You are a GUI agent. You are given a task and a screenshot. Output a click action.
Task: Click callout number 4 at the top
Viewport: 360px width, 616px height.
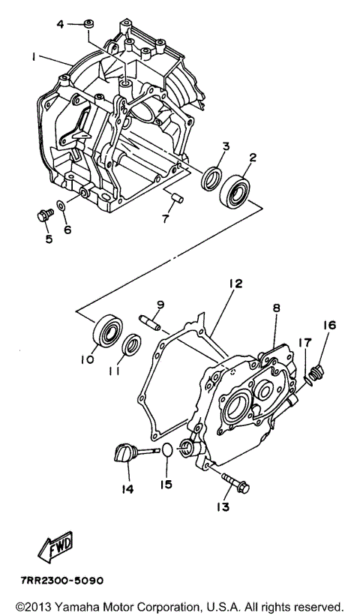pos(61,24)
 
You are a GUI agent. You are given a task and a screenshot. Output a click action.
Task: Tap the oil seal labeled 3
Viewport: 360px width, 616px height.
pos(213,180)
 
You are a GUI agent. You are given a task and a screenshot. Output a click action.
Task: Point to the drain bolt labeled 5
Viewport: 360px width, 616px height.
pos(43,215)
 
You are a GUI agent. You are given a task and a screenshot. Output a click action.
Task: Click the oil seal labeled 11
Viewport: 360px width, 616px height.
pos(131,344)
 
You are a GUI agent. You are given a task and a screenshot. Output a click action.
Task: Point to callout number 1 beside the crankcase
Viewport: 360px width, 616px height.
pos(34,56)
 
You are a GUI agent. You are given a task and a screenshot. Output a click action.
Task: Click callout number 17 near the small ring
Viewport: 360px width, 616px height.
pos(304,344)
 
